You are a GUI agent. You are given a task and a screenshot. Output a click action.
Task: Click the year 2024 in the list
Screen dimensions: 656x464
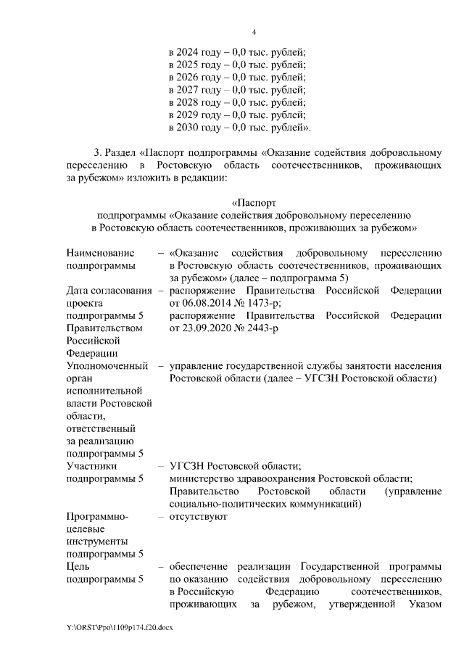pyautogui.click(x=188, y=51)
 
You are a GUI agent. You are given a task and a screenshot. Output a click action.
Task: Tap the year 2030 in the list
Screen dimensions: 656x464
pyautogui.click(x=188, y=128)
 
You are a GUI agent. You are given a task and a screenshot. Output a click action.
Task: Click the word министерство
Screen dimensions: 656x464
pyautogui.click(x=204, y=478)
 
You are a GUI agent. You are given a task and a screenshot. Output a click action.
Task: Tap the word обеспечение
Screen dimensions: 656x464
pyautogui.click(x=202, y=567)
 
